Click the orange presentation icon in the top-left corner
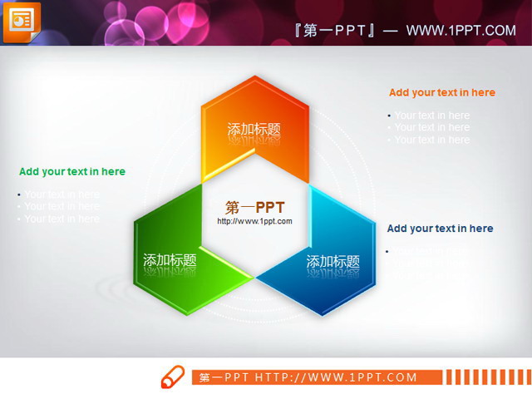[22, 22]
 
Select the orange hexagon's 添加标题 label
[254, 130]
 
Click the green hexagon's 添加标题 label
[170, 260]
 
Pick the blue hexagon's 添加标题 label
[332, 262]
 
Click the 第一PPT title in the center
[255, 207]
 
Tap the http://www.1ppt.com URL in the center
[255, 222]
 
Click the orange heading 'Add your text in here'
[441, 93]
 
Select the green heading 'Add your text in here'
[72, 172]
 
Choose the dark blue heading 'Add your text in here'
[440, 229]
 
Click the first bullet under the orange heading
[431, 116]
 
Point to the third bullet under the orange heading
[431, 140]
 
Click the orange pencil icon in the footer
[173, 377]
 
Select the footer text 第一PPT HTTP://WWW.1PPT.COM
[308, 377]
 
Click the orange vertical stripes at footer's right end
[485, 377]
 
